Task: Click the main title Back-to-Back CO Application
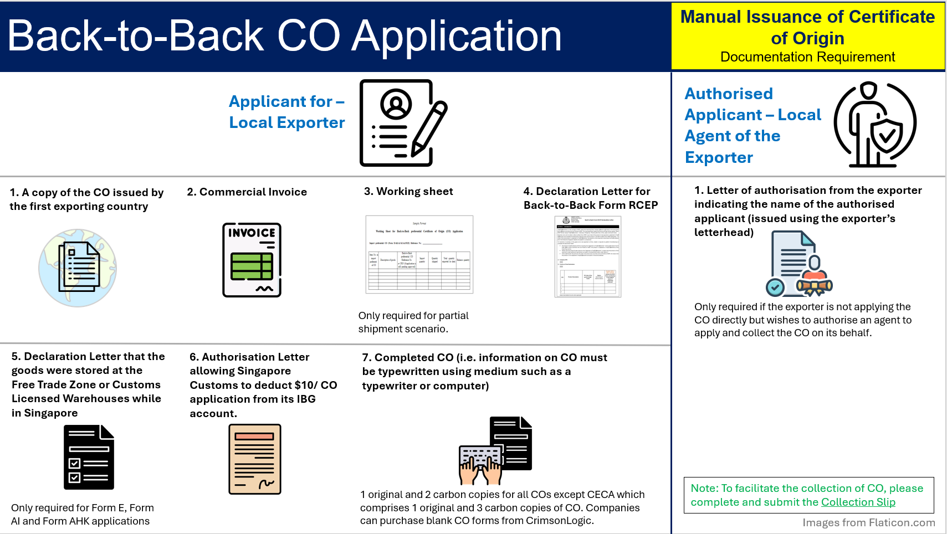click(284, 37)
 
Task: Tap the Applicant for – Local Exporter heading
click(286, 112)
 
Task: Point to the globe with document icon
click(78, 268)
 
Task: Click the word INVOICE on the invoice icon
click(252, 233)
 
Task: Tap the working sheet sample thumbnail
click(419, 254)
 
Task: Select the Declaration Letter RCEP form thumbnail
click(588, 256)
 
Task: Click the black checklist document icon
click(89, 457)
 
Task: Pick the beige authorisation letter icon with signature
click(255, 459)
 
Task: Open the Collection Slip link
click(858, 502)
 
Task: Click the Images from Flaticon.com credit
click(868, 522)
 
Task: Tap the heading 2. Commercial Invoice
click(247, 192)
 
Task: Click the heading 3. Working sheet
click(408, 191)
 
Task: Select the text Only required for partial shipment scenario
click(413, 322)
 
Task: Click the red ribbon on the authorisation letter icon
click(815, 285)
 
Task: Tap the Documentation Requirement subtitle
click(807, 57)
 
